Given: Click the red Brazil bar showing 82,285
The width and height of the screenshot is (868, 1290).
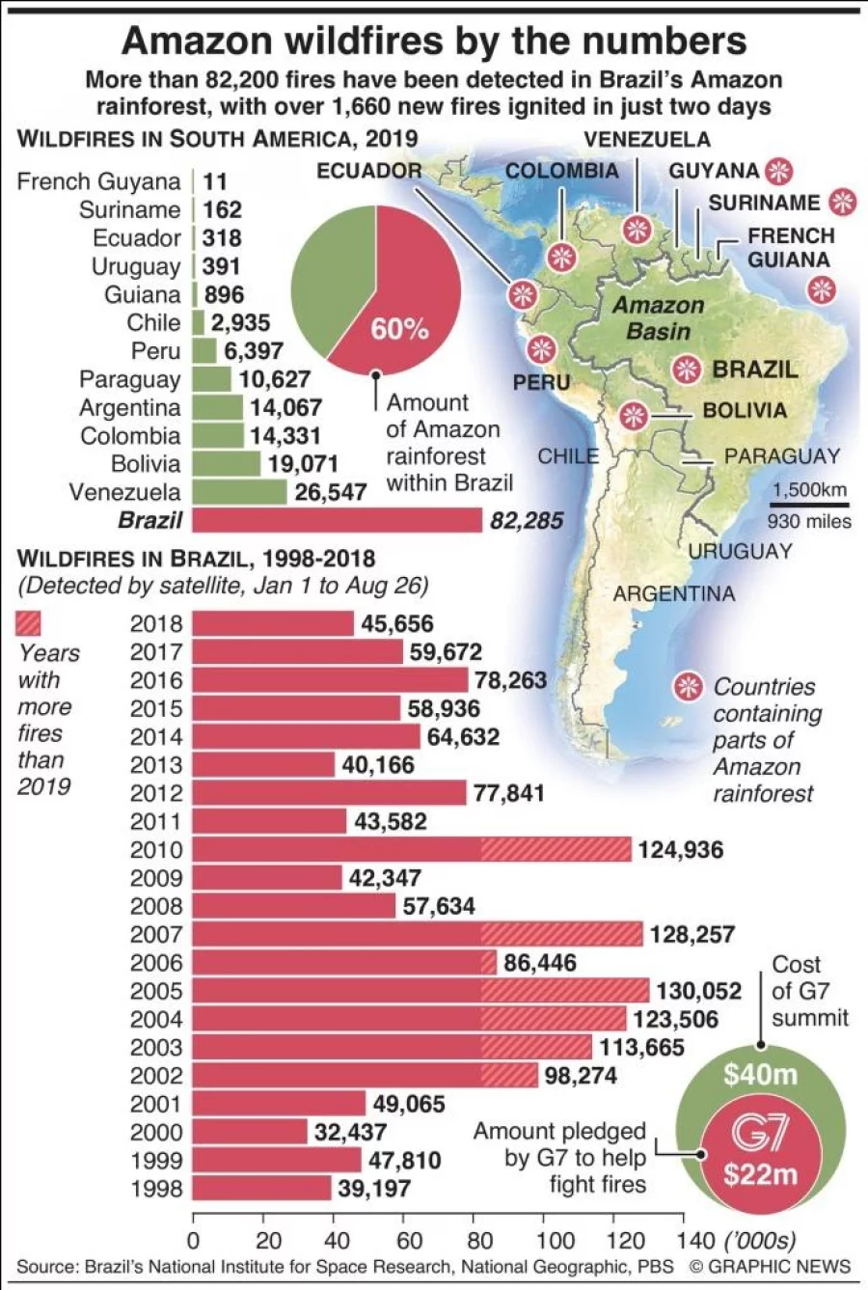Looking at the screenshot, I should [x=337, y=520].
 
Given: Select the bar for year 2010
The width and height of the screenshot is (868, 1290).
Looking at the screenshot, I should [x=411, y=850].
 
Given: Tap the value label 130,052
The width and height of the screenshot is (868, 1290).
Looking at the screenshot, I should [x=698, y=991].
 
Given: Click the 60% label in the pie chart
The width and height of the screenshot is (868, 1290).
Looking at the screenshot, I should [x=399, y=329].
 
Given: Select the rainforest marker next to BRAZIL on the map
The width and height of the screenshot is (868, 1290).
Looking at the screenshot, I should [x=687, y=370].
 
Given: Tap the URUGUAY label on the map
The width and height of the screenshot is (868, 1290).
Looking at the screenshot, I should [x=740, y=551].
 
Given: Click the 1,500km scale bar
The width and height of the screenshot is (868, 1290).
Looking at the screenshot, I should [x=810, y=504].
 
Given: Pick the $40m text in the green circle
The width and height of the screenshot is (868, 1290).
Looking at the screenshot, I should [x=760, y=1074].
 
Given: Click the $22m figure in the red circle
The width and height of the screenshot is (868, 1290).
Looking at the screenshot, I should [x=760, y=1174].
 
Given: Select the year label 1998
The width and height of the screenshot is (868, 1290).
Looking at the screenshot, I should [x=156, y=1189].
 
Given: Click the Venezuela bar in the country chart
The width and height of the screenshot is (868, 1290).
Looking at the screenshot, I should [x=239, y=492].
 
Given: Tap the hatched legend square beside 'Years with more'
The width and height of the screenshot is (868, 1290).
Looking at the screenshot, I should [x=28, y=624].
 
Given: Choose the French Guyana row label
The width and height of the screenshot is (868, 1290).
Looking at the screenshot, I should [x=98, y=181].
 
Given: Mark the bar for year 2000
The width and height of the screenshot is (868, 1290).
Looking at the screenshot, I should [x=250, y=1132].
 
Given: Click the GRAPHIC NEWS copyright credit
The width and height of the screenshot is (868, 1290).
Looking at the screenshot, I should [x=770, y=1267].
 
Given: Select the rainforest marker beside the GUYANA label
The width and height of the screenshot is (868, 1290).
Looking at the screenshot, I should [x=778, y=172].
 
